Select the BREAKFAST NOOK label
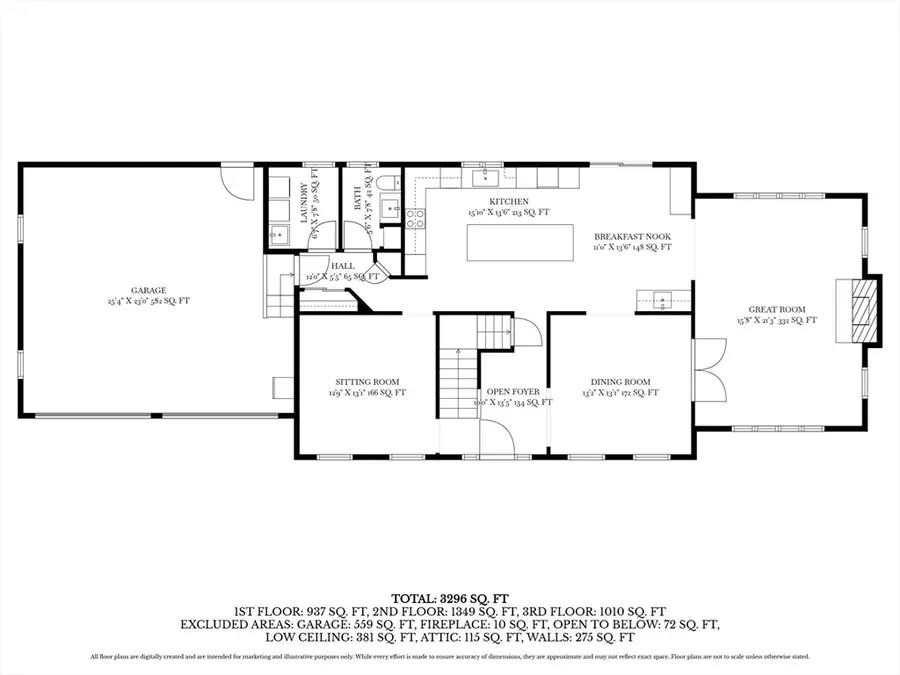pyautogui.click(x=633, y=235)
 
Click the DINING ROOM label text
pyautogui.click(x=620, y=382)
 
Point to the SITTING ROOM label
pyautogui.click(x=367, y=382)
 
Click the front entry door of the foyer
pyautogui.click(x=497, y=436)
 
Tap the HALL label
pyautogui.click(x=316, y=265)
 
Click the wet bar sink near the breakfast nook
pyautogui.click(x=662, y=297)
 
